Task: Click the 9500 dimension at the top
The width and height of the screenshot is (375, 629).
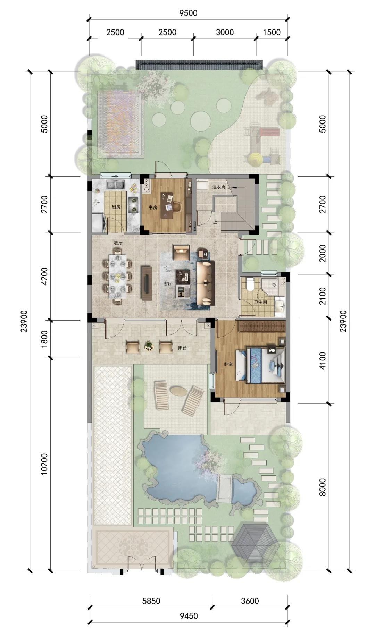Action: pyautogui.click(x=188, y=13)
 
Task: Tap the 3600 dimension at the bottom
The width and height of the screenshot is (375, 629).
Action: pyautogui.click(x=250, y=601)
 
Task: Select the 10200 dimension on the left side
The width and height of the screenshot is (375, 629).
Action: pyautogui.click(x=44, y=464)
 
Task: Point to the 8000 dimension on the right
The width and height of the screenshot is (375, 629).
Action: pyautogui.click(x=323, y=487)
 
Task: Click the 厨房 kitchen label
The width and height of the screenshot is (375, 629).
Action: pyautogui.click(x=116, y=207)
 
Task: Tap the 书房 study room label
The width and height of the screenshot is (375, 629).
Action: pyautogui.click(x=153, y=207)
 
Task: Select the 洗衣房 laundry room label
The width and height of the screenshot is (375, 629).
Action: pyautogui.click(x=219, y=187)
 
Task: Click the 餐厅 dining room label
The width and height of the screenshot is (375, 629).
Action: pyautogui.click(x=118, y=243)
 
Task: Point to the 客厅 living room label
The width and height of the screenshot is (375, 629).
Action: pyautogui.click(x=168, y=283)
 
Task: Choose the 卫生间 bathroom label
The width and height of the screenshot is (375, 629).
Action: pyautogui.click(x=260, y=302)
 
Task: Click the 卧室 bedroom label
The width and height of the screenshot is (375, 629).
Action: pyautogui.click(x=228, y=364)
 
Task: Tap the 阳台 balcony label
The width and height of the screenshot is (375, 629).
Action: pyautogui.click(x=182, y=347)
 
